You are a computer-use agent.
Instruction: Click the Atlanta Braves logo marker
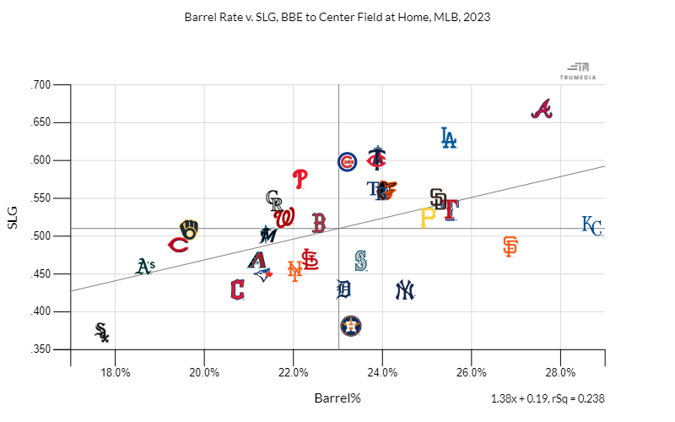point(542,110)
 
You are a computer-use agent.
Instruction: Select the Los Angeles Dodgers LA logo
point(449,138)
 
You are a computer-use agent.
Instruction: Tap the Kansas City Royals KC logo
point(592,226)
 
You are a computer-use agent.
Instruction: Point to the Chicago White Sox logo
point(102,332)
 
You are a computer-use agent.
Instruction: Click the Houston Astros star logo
point(350,325)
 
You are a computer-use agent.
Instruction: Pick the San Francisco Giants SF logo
point(510,246)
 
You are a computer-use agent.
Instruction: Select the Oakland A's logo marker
point(145,267)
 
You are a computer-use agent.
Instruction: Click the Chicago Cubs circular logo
point(347,162)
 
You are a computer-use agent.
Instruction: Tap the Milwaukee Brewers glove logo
point(189,230)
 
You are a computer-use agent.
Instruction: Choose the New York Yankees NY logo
point(406,290)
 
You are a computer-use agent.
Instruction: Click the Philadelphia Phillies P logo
point(300,178)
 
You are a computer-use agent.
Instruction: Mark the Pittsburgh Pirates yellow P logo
point(427,218)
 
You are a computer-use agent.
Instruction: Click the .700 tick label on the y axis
point(41,85)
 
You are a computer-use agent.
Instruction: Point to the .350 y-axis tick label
point(41,349)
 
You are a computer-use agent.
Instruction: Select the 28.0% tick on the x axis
point(560,372)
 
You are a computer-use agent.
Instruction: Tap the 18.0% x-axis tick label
point(115,372)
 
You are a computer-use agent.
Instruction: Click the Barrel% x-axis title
point(337,398)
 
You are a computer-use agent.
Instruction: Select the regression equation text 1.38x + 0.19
point(517,398)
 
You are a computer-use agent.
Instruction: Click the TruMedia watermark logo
point(578,71)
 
